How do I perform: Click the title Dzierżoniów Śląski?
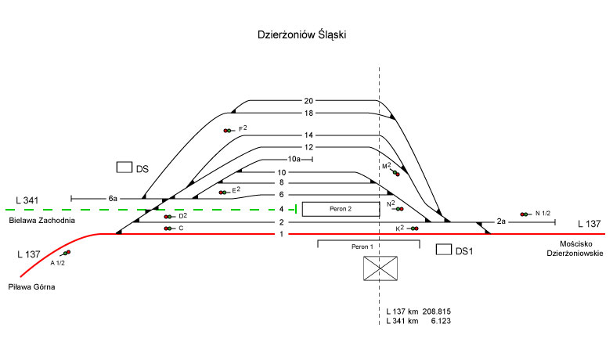[x=301, y=35]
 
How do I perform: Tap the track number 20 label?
[x=308, y=101]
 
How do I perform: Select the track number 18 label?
[x=308, y=113]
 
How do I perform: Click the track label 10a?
[x=294, y=159]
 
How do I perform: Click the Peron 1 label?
[x=361, y=247]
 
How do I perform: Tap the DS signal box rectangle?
[x=124, y=167]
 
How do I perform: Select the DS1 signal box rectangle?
[x=443, y=250]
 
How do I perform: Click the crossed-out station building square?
[x=380, y=268]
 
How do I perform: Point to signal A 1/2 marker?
[x=66, y=253]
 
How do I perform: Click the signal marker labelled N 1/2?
[x=524, y=214]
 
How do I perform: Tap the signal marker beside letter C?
[x=168, y=229]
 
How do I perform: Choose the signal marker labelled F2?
[x=227, y=131]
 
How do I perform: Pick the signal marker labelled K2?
[x=414, y=229]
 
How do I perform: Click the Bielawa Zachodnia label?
[x=42, y=221]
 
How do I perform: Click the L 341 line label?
[x=27, y=201]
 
